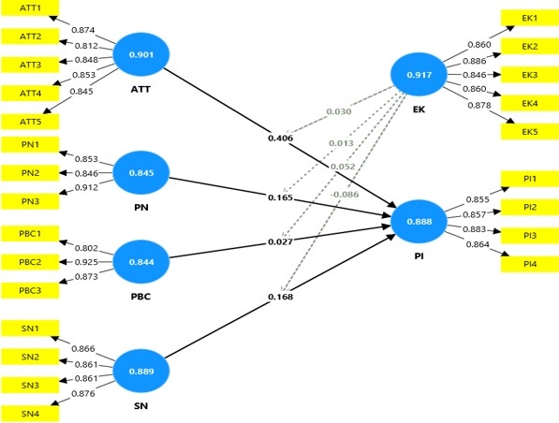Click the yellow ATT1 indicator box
pyautogui.click(x=30, y=7)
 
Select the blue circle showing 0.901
pyautogui.click(x=141, y=54)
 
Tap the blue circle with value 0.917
pyautogui.click(x=419, y=75)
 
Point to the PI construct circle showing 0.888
pyautogui.click(x=419, y=222)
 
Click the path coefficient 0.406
pyautogui.click(x=281, y=138)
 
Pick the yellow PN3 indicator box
pyautogui.click(x=30, y=201)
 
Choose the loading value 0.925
pyautogui.click(x=86, y=262)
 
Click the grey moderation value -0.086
pyautogui.click(x=345, y=195)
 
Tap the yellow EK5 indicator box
pyautogui.click(x=530, y=132)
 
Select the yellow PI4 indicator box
pyautogui.click(x=530, y=264)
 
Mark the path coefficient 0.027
pyautogui.click(x=281, y=242)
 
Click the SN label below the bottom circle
pyautogui.click(x=140, y=405)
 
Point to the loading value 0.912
pyautogui.click(x=86, y=187)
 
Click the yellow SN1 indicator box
pyautogui.click(x=30, y=328)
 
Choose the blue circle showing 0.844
pyautogui.click(x=141, y=262)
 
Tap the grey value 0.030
pyautogui.click(x=339, y=111)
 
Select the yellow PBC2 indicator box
pyautogui.click(x=30, y=262)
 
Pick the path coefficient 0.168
pyautogui.click(x=281, y=297)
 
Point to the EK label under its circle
pyautogui.click(x=419, y=109)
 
